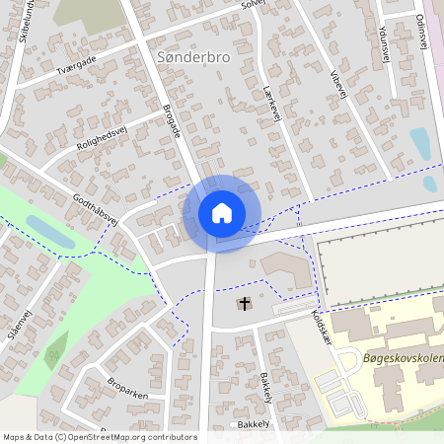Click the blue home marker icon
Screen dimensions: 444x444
click(x=222, y=213)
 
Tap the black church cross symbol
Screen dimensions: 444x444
click(x=244, y=303)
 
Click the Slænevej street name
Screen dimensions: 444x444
click(x=15, y=327)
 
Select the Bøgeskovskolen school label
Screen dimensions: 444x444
click(x=403, y=357)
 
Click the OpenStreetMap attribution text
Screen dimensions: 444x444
click(x=100, y=436)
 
